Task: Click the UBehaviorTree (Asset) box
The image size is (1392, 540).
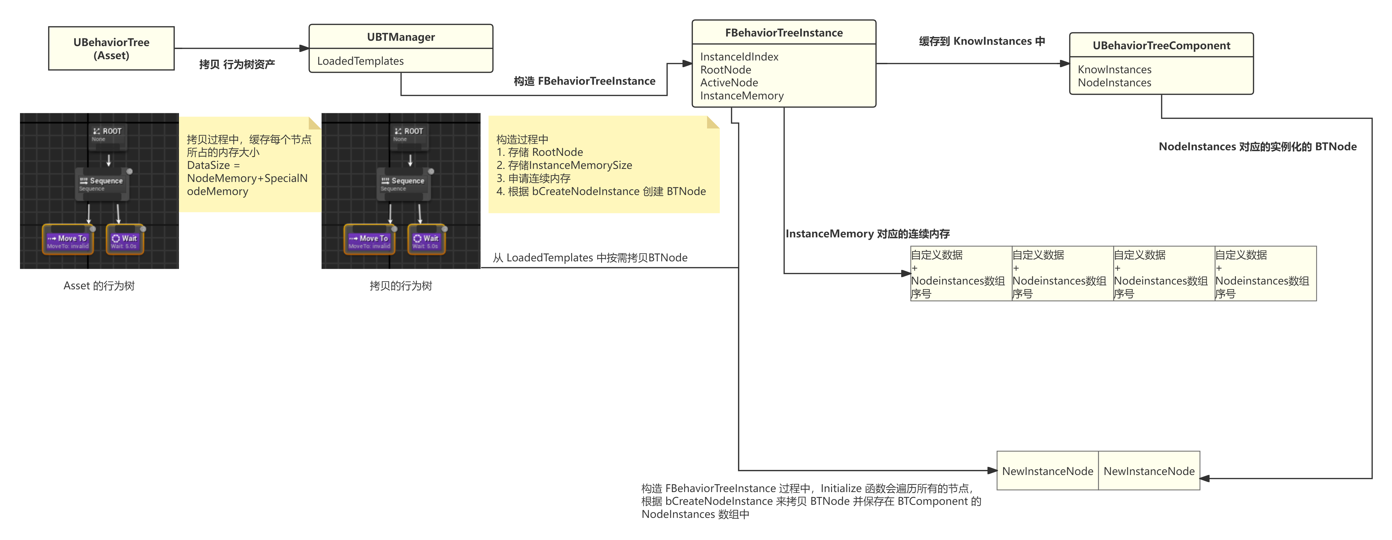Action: [111, 49]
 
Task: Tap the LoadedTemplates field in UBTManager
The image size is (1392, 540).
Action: [360, 61]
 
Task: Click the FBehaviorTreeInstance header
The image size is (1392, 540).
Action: [783, 33]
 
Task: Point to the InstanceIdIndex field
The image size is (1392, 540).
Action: [739, 57]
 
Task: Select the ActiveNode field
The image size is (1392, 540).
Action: [729, 83]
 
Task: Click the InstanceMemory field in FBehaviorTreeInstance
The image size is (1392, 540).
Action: [741, 96]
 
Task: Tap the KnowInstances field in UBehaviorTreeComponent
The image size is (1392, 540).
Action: [1114, 70]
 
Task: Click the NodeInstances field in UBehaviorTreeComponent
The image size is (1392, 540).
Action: [1114, 83]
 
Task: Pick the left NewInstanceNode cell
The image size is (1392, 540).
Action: [1047, 471]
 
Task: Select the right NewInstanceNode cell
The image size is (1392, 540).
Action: [1149, 471]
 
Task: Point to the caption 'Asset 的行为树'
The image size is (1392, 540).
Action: [99, 286]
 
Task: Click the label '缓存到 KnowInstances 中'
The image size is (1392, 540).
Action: [981, 41]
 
